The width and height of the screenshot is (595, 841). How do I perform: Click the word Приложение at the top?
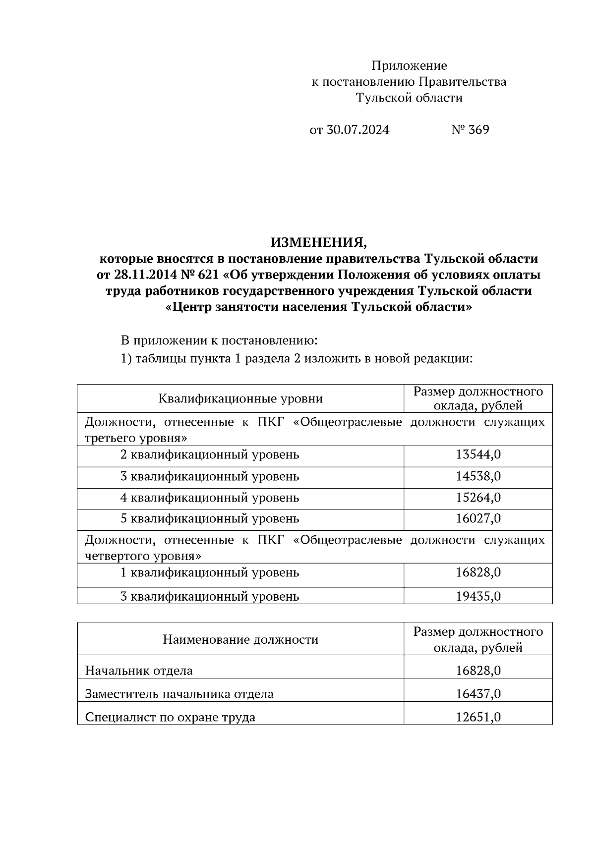409,66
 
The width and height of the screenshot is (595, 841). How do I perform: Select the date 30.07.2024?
358,130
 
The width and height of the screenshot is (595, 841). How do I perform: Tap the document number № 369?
470,130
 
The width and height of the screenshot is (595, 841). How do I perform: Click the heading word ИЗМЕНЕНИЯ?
319,243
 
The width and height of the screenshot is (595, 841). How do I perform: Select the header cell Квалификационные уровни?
240,398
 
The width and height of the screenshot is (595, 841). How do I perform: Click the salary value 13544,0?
478,454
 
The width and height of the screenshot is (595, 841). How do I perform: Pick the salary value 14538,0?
478,476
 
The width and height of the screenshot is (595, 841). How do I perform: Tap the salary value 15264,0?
478,498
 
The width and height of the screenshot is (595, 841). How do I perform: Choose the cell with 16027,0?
478,519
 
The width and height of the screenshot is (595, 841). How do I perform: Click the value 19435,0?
478,596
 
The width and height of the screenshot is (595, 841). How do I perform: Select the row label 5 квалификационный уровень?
210,519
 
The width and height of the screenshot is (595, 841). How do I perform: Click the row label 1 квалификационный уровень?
210,573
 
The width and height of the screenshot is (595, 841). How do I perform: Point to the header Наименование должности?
240,639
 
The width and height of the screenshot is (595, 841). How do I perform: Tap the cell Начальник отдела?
139,671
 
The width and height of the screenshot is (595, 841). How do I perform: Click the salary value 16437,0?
478,694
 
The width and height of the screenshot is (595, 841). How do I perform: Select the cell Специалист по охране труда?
170,717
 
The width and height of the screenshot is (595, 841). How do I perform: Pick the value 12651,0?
478,717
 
